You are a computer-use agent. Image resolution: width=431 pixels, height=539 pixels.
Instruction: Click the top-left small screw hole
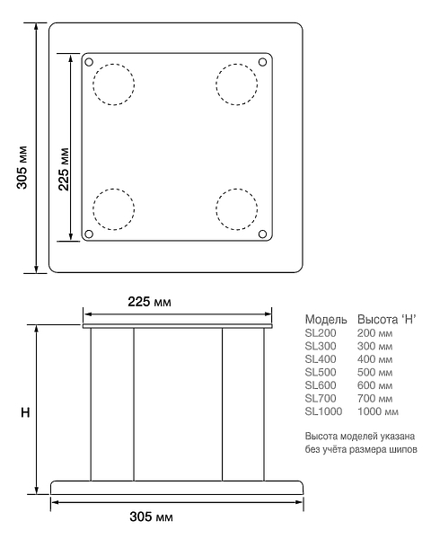click(x=89, y=62)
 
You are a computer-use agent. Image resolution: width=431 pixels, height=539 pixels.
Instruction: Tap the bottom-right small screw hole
click(x=262, y=234)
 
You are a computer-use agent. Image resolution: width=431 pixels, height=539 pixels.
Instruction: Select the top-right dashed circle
click(x=237, y=84)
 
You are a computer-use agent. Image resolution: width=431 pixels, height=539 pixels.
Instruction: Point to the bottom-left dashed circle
click(x=113, y=209)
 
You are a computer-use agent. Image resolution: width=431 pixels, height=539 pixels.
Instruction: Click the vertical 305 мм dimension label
click(x=22, y=167)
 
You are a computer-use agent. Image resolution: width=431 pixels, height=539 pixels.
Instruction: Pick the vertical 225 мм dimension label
click(x=64, y=169)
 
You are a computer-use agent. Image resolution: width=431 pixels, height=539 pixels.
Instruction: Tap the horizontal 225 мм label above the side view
click(x=150, y=302)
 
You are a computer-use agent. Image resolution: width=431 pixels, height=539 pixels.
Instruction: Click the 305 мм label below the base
click(x=151, y=517)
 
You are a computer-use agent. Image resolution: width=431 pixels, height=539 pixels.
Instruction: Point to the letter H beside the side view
click(x=25, y=412)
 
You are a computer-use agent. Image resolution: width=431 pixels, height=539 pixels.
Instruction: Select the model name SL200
click(x=321, y=333)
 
